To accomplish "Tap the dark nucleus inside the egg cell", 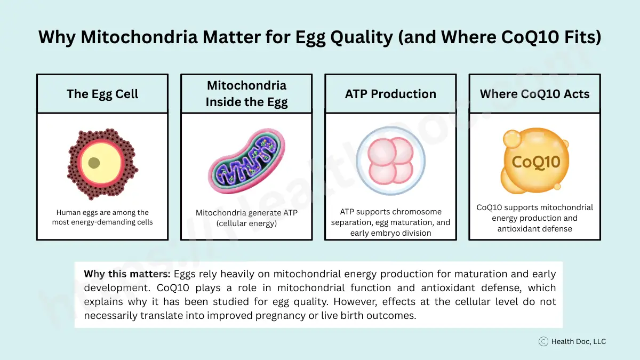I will (94, 163).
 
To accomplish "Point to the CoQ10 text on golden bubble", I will (535, 161).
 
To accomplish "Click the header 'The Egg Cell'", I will (102, 94).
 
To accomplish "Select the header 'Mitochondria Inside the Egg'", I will (246, 94).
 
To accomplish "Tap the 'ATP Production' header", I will (390, 94).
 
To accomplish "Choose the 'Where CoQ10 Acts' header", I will (534, 94).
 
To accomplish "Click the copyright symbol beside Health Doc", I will (543, 341).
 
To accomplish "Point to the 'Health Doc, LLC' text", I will (579, 341).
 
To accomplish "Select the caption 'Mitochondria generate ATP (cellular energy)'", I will (246, 218).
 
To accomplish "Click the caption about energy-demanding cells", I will (102, 217).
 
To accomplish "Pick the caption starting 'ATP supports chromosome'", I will (390, 222).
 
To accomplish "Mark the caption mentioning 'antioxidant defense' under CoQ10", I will (534, 218).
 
